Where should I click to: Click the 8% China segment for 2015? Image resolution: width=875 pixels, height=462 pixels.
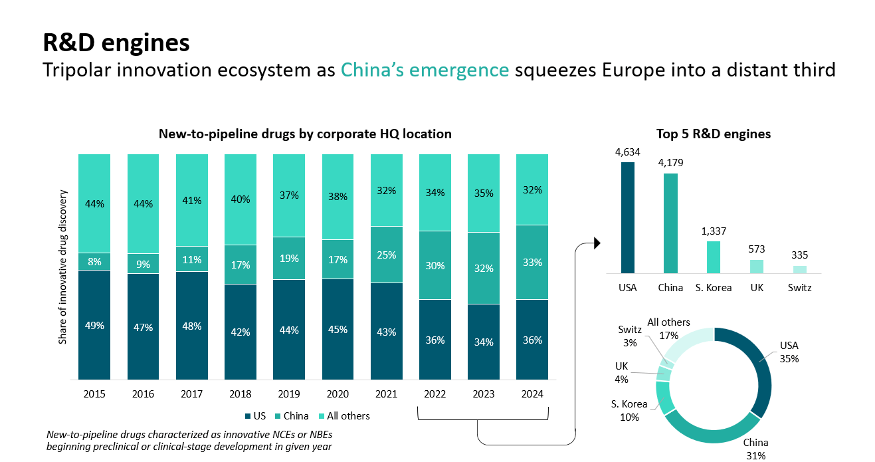coord(94,261)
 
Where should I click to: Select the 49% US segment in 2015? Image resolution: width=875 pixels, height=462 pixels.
coord(94,324)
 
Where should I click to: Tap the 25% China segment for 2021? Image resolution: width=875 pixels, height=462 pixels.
coord(387,255)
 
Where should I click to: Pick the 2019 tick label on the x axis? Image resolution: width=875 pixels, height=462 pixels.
coord(289,394)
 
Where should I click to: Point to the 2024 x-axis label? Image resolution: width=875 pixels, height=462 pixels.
coord(532,394)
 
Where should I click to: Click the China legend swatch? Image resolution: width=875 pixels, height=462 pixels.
coord(278,416)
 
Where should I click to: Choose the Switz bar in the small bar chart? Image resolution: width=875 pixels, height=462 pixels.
coord(800,269)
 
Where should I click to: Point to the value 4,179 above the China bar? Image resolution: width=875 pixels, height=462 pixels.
coord(670,163)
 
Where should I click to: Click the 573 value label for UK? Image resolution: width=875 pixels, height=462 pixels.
coord(757,249)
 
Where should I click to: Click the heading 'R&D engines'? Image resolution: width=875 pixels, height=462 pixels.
coord(116,43)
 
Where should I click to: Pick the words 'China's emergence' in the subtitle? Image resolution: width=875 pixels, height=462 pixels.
coord(425,70)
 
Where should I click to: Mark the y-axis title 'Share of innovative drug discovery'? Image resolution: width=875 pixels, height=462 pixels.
coord(63,267)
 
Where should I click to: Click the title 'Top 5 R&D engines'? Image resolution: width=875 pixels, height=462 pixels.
coord(714,134)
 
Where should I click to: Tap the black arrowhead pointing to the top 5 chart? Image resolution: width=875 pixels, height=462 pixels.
coord(596,243)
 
